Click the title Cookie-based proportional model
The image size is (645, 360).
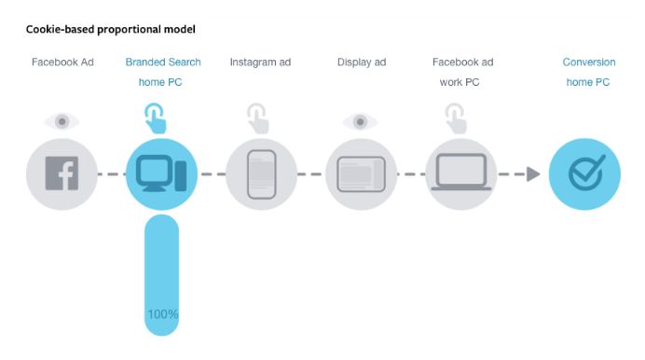111,30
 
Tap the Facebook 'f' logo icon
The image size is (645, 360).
62,173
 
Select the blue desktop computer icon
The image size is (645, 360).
161,173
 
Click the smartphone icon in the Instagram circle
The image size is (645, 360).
262,174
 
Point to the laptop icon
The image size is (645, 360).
461,172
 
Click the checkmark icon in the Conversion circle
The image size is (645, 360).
586,173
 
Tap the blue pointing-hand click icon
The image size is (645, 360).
155,118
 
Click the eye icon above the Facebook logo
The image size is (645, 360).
62,122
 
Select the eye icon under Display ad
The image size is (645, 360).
361,122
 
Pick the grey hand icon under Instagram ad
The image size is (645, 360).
258,118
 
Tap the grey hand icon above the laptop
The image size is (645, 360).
456,118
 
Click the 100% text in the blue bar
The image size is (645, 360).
163,314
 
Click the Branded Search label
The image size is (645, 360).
163,62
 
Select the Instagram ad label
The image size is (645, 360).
260,62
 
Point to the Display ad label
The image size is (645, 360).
362,62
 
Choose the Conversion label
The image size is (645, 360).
589,62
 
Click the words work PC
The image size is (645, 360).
460,82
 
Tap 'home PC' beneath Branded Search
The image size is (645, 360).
160,82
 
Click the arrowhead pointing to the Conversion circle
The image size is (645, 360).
533,174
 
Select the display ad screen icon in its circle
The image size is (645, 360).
361,174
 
